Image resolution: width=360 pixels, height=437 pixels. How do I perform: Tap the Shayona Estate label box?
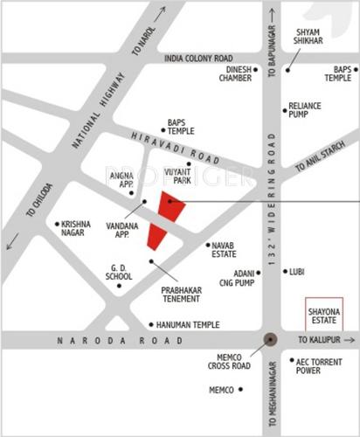click(x=320, y=312)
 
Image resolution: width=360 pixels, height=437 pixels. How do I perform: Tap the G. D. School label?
click(x=120, y=271)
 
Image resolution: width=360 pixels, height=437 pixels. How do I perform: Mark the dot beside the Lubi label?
click(x=286, y=272)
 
